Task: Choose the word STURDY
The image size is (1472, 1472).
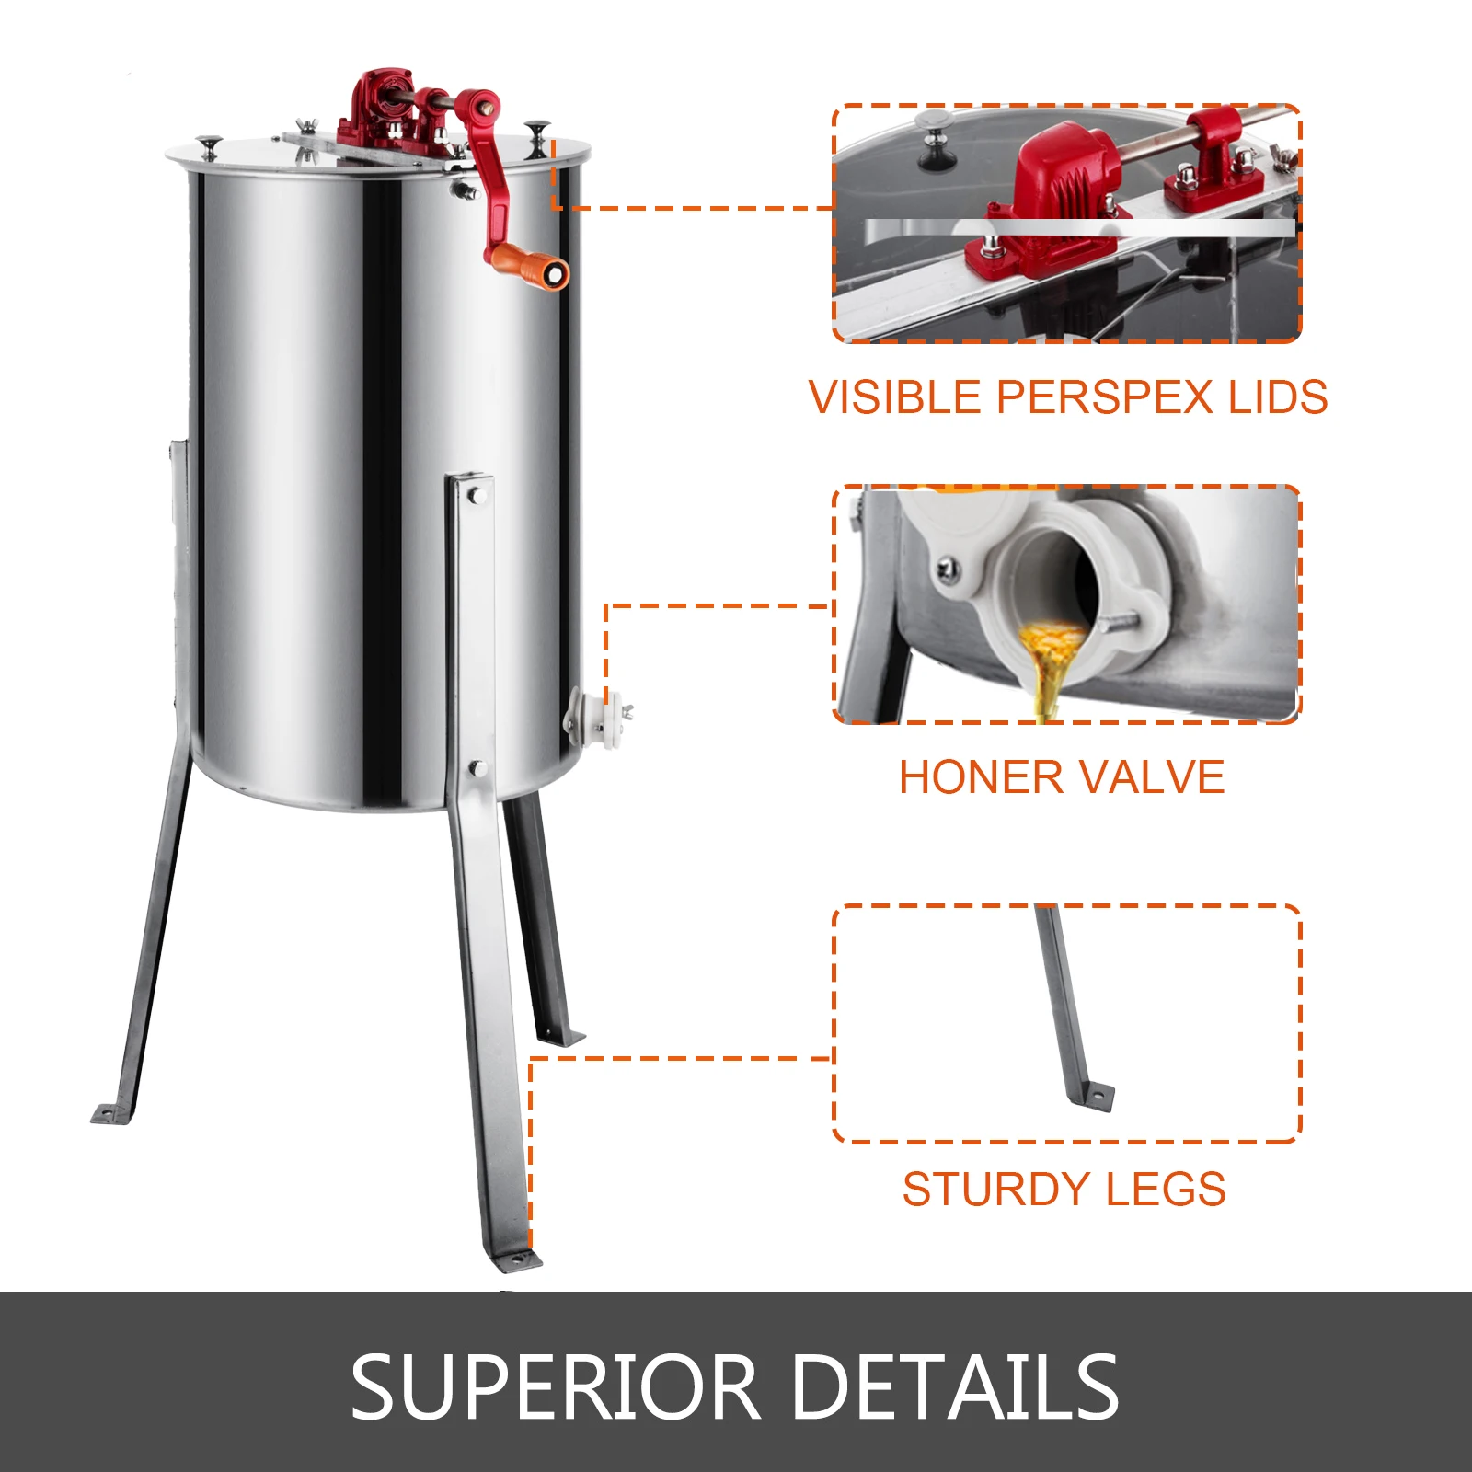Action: pyautogui.click(x=995, y=1189)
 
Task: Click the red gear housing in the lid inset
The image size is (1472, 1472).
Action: pyautogui.click(x=1058, y=184)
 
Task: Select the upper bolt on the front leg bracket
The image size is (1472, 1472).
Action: pyautogui.click(x=477, y=497)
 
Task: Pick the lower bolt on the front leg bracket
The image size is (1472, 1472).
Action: pyautogui.click(x=477, y=767)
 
